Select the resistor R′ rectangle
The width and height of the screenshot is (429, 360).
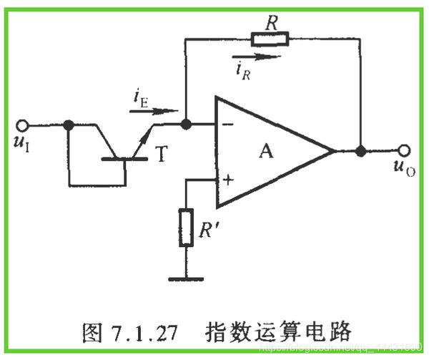coord(187,227)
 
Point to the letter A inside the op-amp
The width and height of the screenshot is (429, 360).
coord(266,150)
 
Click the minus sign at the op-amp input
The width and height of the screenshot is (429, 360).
coord(227,124)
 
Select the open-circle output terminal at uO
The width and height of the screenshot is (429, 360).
coord(405,151)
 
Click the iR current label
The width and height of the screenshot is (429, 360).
coord(243,69)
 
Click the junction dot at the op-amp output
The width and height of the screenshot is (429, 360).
coord(361,152)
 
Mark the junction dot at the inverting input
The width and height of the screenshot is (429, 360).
coord(186,125)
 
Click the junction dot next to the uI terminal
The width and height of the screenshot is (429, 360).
coord(69,125)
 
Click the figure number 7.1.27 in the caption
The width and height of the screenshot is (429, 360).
coord(139,332)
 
